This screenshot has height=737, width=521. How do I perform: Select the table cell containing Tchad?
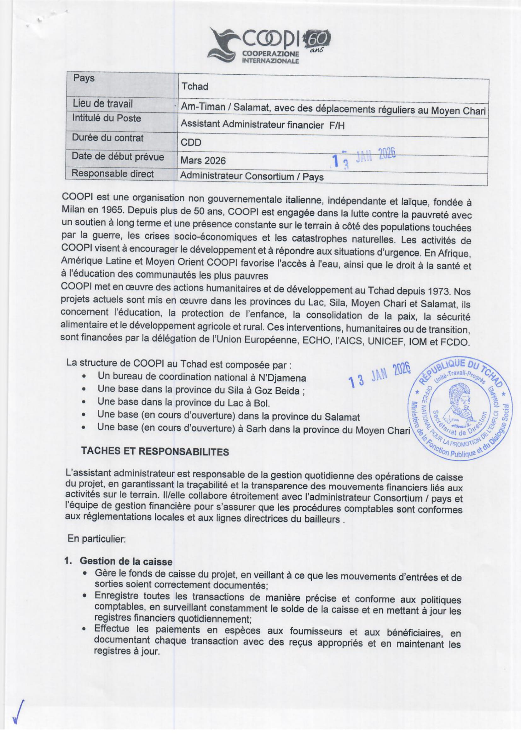pos(194,86)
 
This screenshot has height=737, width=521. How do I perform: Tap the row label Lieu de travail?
pos(102,104)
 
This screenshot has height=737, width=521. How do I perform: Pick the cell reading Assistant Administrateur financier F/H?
pos(262,124)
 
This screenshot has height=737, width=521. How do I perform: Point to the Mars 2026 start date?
pos(203,160)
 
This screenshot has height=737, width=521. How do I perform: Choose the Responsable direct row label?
pos(112,174)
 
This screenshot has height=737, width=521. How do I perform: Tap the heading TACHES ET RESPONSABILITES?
pos(155,452)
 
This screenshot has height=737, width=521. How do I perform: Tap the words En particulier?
pos(96,539)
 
